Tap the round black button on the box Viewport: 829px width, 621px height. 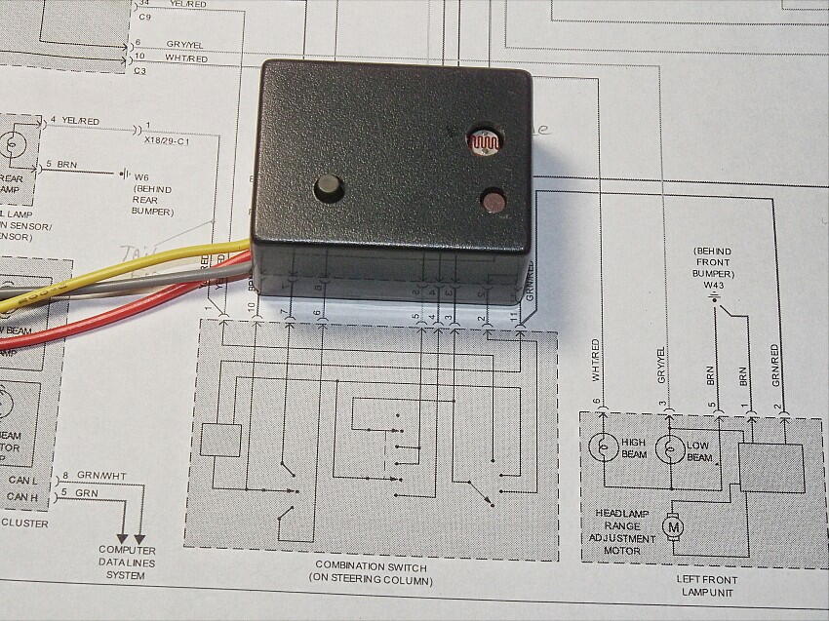(328, 187)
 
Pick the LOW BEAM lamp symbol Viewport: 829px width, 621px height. (669, 448)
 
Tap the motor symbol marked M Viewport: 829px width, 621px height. (673, 526)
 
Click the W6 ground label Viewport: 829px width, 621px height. (147, 175)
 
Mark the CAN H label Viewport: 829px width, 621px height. (20, 498)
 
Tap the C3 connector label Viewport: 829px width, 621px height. (139, 71)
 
